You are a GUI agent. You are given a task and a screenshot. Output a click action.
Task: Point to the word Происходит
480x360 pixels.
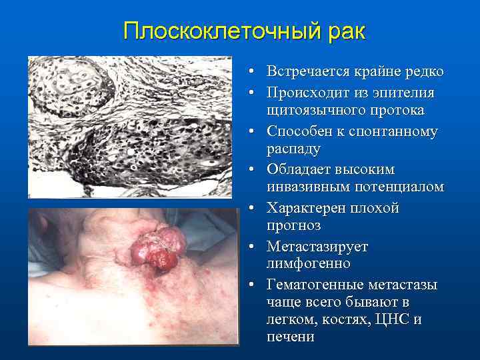[308, 92]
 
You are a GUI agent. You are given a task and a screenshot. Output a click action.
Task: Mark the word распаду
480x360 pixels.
[293, 149]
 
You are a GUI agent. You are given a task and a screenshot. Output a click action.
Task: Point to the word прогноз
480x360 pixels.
[293, 226]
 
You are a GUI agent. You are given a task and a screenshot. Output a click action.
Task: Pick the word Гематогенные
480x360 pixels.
[313, 285]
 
